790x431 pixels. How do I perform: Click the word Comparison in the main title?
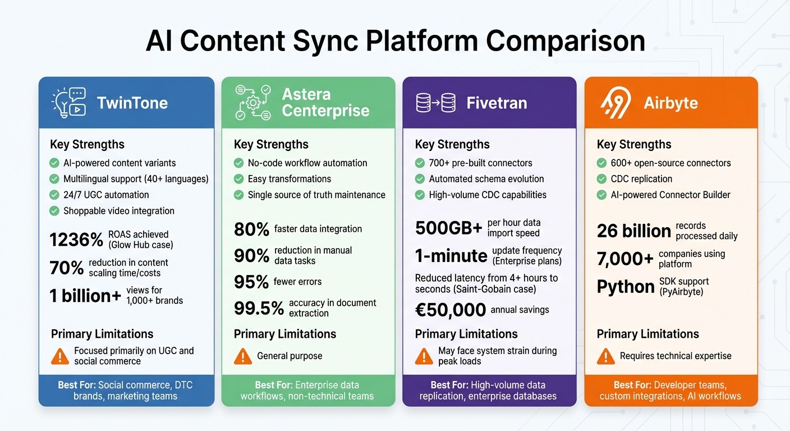565,42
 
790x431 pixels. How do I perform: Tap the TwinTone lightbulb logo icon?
68,103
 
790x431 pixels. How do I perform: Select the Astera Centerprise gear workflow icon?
253,103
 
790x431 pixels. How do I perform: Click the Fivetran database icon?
435,103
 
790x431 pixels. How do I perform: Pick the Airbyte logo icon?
616,103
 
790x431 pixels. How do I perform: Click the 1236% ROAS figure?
76,240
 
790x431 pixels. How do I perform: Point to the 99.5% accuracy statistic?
258,308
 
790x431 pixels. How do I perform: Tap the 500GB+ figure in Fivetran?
448,228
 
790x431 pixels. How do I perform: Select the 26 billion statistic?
633,231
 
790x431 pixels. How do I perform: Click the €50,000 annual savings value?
450,310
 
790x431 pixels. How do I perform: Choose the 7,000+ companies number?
625,259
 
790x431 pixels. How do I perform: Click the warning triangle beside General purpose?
242,356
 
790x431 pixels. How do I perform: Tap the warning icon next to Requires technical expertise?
605,356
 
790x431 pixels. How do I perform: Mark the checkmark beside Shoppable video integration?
54,211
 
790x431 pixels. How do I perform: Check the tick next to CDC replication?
601,179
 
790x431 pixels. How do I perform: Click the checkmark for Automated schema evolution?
420,179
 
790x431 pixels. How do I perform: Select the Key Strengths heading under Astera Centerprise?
271,144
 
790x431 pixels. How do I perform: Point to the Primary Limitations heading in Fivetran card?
466,334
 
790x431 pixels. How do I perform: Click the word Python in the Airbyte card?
626,287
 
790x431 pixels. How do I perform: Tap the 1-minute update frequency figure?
451,256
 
